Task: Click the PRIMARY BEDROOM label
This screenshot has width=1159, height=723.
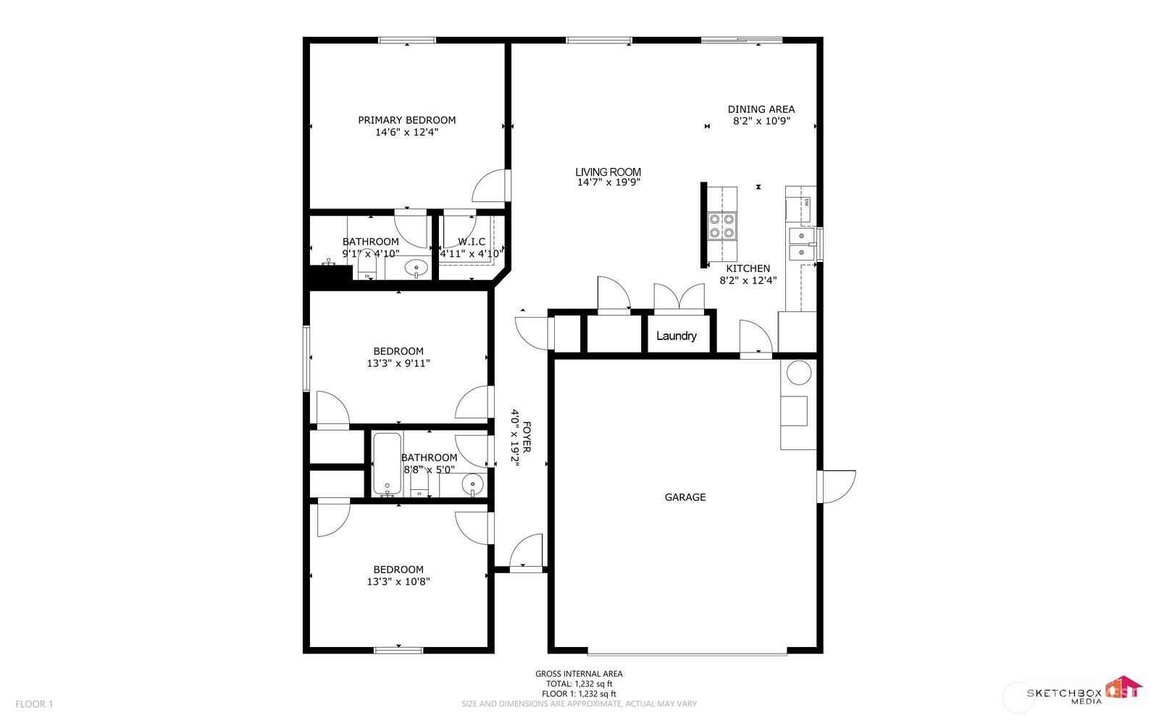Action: click(x=406, y=120)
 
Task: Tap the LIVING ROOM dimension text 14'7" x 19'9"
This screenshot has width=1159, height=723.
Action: click(x=608, y=183)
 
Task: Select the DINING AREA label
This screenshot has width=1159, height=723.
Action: click(x=761, y=109)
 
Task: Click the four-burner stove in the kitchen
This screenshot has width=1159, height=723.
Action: click(x=721, y=225)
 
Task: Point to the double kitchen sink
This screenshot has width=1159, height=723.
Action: click(x=801, y=243)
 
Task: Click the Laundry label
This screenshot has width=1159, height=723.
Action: click(x=677, y=336)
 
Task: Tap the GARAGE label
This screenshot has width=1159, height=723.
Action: click(x=685, y=497)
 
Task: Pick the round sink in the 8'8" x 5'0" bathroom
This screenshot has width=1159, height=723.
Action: click(x=472, y=483)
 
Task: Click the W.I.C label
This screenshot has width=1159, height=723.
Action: click(x=471, y=242)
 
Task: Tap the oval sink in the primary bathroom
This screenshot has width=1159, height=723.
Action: click(x=416, y=269)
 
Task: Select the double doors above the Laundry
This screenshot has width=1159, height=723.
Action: click(x=679, y=297)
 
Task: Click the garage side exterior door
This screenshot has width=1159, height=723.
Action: click(x=837, y=486)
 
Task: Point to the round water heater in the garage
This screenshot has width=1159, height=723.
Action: click(x=799, y=373)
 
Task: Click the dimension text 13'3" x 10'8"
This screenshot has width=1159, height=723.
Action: click(x=398, y=581)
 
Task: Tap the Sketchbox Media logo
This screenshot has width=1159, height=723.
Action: click(x=1084, y=693)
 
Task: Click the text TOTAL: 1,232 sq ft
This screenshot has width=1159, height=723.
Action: click(x=579, y=684)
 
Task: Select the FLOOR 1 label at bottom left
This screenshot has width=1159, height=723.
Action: click(x=34, y=704)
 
